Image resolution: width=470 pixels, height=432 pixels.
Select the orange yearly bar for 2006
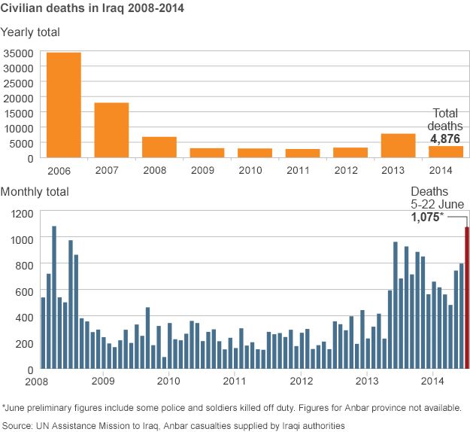[64, 105]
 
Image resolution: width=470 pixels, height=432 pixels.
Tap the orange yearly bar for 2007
[111, 129]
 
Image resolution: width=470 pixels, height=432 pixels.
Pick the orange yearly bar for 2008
[159, 147]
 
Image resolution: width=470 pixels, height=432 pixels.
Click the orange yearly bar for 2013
[398, 145]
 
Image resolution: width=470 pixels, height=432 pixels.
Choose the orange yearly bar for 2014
[445, 151]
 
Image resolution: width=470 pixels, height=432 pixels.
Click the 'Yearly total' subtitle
[31, 32]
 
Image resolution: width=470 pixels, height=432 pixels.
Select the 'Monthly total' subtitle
[35, 192]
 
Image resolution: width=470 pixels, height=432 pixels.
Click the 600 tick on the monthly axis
[26, 291]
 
